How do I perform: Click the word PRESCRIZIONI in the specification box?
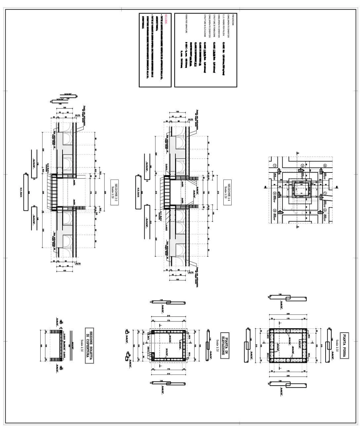pos(233,20)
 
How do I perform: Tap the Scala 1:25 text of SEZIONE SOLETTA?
pos(82,346)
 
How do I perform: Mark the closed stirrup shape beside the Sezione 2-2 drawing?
pos(25,192)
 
